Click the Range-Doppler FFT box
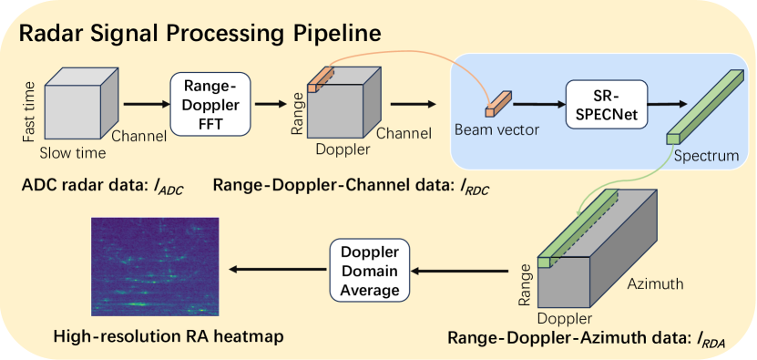pyautogui.click(x=210, y=103)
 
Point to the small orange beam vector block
pyautogui.click(x=498, y=105)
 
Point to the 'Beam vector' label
pyautogui.click(x=496, y=130)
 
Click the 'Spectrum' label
pyautogui.click(x=707, y=156)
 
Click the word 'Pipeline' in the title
pyautogui.click(x=323, y=36)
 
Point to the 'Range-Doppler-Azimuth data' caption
pyautogui.click(x=584, y=339)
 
